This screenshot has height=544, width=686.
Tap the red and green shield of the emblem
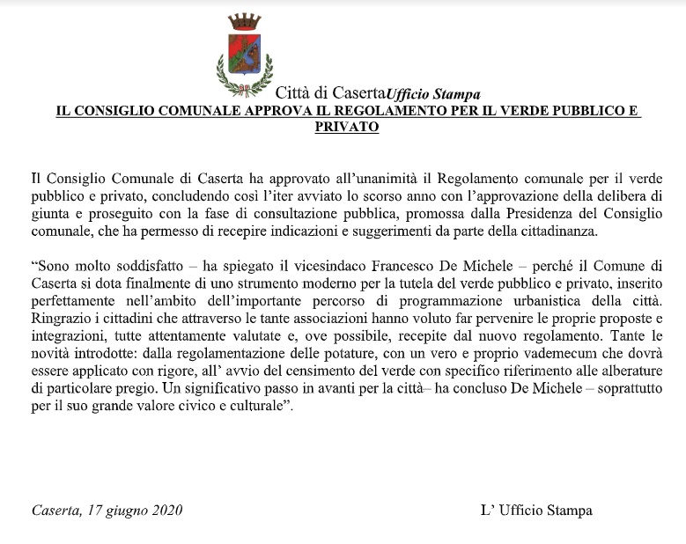pos(244,55)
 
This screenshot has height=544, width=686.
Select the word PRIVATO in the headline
pos(346,127)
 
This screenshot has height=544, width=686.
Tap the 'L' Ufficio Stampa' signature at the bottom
pos(536,510)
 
